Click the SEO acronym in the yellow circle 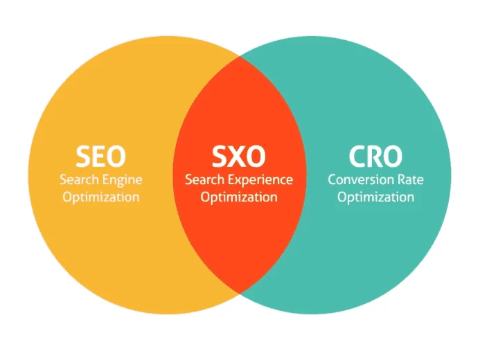point(100,156)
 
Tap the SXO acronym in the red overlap point(239,156)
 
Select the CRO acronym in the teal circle point(375,156)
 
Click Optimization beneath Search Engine point(101,197)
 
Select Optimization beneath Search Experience point(239,197)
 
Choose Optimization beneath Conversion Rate point(376,197)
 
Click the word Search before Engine point(80,179)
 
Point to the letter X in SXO point(237,156)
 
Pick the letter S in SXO point(219,156)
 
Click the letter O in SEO point(116,156)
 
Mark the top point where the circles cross point(240,56)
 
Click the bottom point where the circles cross point(240,294)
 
